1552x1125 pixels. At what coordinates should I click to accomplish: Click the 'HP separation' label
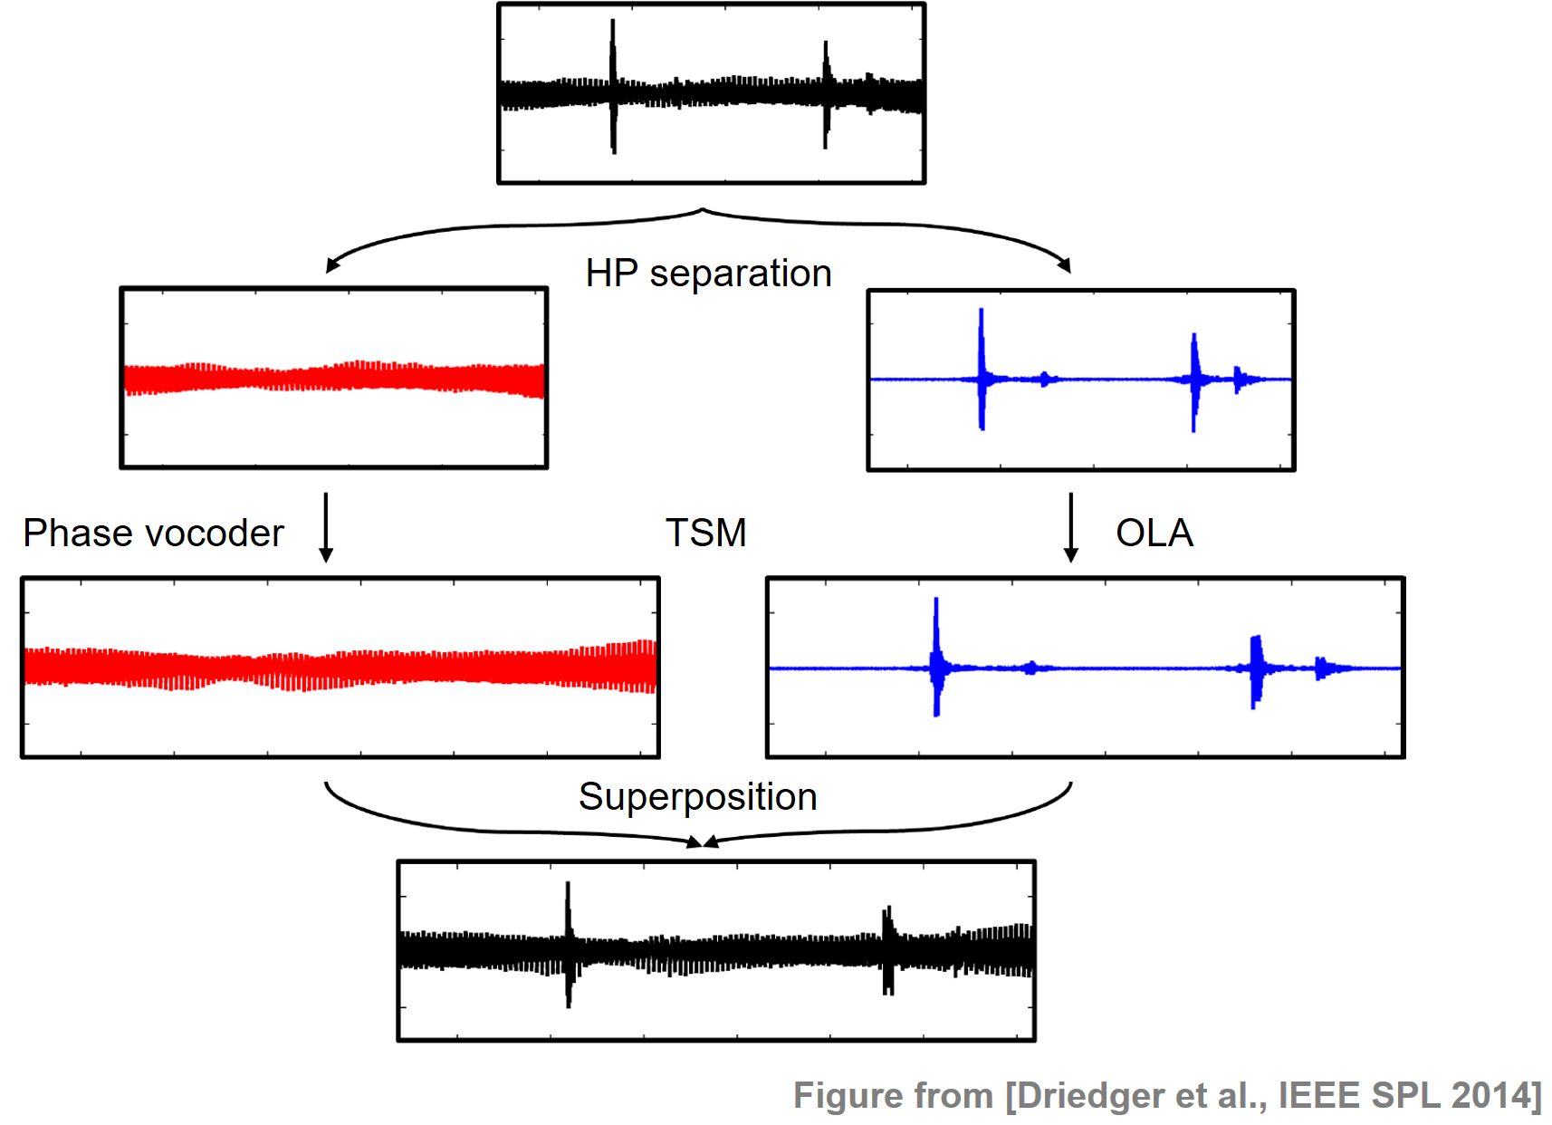[708, 274]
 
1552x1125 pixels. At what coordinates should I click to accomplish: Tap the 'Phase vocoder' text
[153, 534]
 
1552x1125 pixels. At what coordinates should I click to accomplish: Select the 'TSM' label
[705, 533]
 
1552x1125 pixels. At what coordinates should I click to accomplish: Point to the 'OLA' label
[1154, 533]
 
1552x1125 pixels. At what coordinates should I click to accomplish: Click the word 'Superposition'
[697, 797]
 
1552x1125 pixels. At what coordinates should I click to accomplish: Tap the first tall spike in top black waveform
[613, 86]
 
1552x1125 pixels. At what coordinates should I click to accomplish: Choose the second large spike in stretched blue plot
[1256, 670]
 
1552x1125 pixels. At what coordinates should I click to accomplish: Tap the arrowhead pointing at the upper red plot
[331, 265]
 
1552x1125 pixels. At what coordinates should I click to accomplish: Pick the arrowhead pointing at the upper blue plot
[1066, 265]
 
